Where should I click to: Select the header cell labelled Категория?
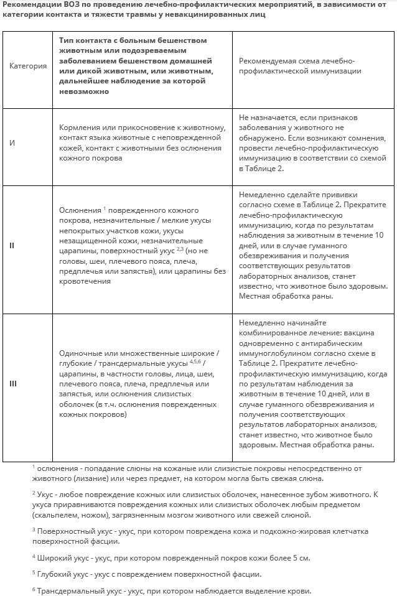[x=29, y=66]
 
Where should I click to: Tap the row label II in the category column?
[x=12, y=245]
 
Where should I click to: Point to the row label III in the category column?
[x=13, y=383]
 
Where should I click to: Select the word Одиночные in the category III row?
[x=82, y=353]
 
